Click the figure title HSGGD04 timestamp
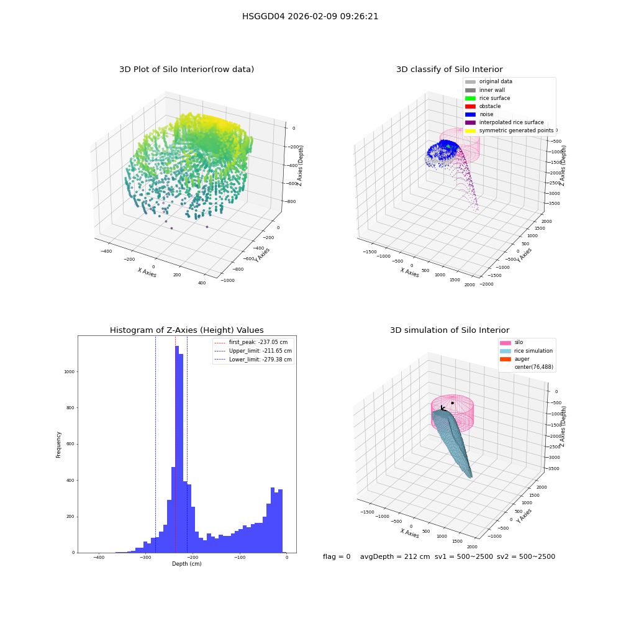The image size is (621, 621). coord(310,17)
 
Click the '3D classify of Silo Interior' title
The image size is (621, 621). coord(450,70)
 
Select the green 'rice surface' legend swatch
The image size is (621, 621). coord(470,98)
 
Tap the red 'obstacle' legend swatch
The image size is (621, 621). coord(470,106)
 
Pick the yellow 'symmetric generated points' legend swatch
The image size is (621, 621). coord(470,130)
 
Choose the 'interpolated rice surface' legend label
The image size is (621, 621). coord(511,122)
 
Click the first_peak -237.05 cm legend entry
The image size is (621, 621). coord(251,342)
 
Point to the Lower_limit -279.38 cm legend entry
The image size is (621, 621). coord(253,360)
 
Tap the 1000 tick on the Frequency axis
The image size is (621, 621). coord(70,372)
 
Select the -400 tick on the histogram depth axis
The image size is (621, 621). coord(99,557)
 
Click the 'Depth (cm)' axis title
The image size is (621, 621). coord(186,564)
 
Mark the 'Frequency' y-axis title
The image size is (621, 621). coord(58,445)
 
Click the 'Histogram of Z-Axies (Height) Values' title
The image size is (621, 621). coord(186,330)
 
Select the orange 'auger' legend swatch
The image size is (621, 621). coord(505,359)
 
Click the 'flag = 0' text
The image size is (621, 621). coord(337,556)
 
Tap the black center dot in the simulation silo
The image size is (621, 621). coord(452,403)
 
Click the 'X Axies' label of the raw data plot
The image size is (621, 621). coord(147,273)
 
